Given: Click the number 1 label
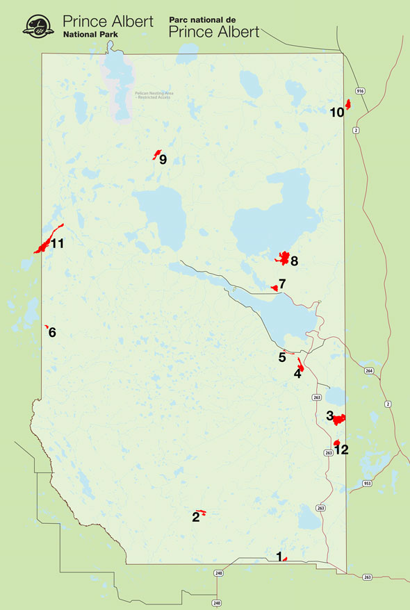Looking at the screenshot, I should click(x=279, y=556).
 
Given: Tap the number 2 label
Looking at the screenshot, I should click(x=196, y=516).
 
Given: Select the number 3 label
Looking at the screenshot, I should click(x=329, y=415).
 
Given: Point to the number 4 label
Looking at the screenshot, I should click(x=297, y=373).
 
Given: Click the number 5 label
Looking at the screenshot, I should click(x=282, y=357).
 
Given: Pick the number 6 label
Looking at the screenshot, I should click(x=52, y=332).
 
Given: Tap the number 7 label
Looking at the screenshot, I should click(x=282, y=284).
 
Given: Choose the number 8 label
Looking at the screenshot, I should click(x=294, y=261).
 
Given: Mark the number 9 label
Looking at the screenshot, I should click(x=163, y=159).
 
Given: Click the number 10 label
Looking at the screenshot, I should click(x=336, y=112).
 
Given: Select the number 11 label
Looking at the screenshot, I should click(x=57, y=243).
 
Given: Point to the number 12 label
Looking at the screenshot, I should click(x=341, y=450).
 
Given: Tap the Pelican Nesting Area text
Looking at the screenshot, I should click(x=152, y=94).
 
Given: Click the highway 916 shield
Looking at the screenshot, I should click(x=360, y=91).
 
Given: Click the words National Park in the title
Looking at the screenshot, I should click(x=90, y=33).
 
